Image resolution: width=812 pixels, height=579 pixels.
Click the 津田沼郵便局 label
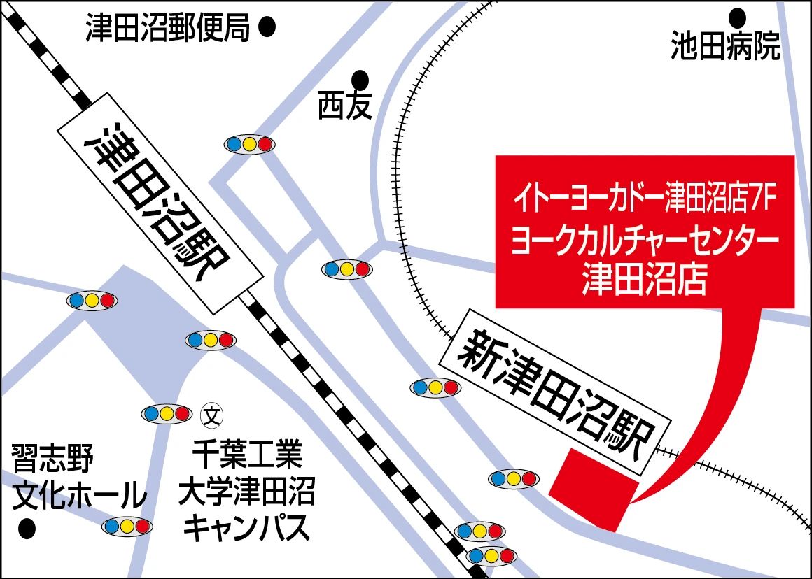point(168,28)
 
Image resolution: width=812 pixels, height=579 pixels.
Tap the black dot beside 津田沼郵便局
point(267,28)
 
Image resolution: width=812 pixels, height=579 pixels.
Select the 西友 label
point(344,106)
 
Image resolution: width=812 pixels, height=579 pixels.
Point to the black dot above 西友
point(360,78)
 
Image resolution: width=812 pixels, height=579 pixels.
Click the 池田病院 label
point(725,46)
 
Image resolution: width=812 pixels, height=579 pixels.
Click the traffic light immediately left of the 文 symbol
point(167,414)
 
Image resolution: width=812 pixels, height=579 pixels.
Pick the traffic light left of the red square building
point(514,479)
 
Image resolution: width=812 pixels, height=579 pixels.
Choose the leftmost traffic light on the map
point(92,301)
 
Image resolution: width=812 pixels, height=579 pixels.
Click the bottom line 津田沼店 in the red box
point(645,281)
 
